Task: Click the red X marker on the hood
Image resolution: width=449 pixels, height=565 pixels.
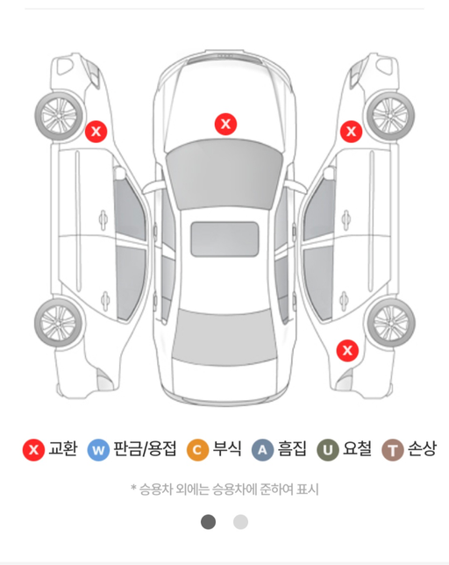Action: (225, 124)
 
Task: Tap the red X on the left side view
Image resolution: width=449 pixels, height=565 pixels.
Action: (96, 132)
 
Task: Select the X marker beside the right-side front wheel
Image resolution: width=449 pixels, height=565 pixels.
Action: (351, 132)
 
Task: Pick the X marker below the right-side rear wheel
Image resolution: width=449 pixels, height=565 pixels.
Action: (348, 350)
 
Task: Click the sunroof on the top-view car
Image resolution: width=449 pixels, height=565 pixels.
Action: (225, 239)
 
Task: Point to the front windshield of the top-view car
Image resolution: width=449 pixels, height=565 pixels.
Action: (225, 172)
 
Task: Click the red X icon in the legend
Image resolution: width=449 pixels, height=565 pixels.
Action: (34, 450)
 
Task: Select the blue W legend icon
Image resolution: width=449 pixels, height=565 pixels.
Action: (98, 450)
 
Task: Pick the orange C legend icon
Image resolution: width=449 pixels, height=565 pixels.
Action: (198, 450)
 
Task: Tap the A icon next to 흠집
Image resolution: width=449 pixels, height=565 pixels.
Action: (262, 450)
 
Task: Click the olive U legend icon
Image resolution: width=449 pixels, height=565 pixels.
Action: (328, 450)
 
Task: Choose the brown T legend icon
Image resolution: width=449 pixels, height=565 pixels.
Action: (392, 450)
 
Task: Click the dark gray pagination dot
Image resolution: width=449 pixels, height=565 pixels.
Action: (208, 522)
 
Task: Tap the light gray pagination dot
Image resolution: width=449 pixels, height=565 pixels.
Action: (240, 522)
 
